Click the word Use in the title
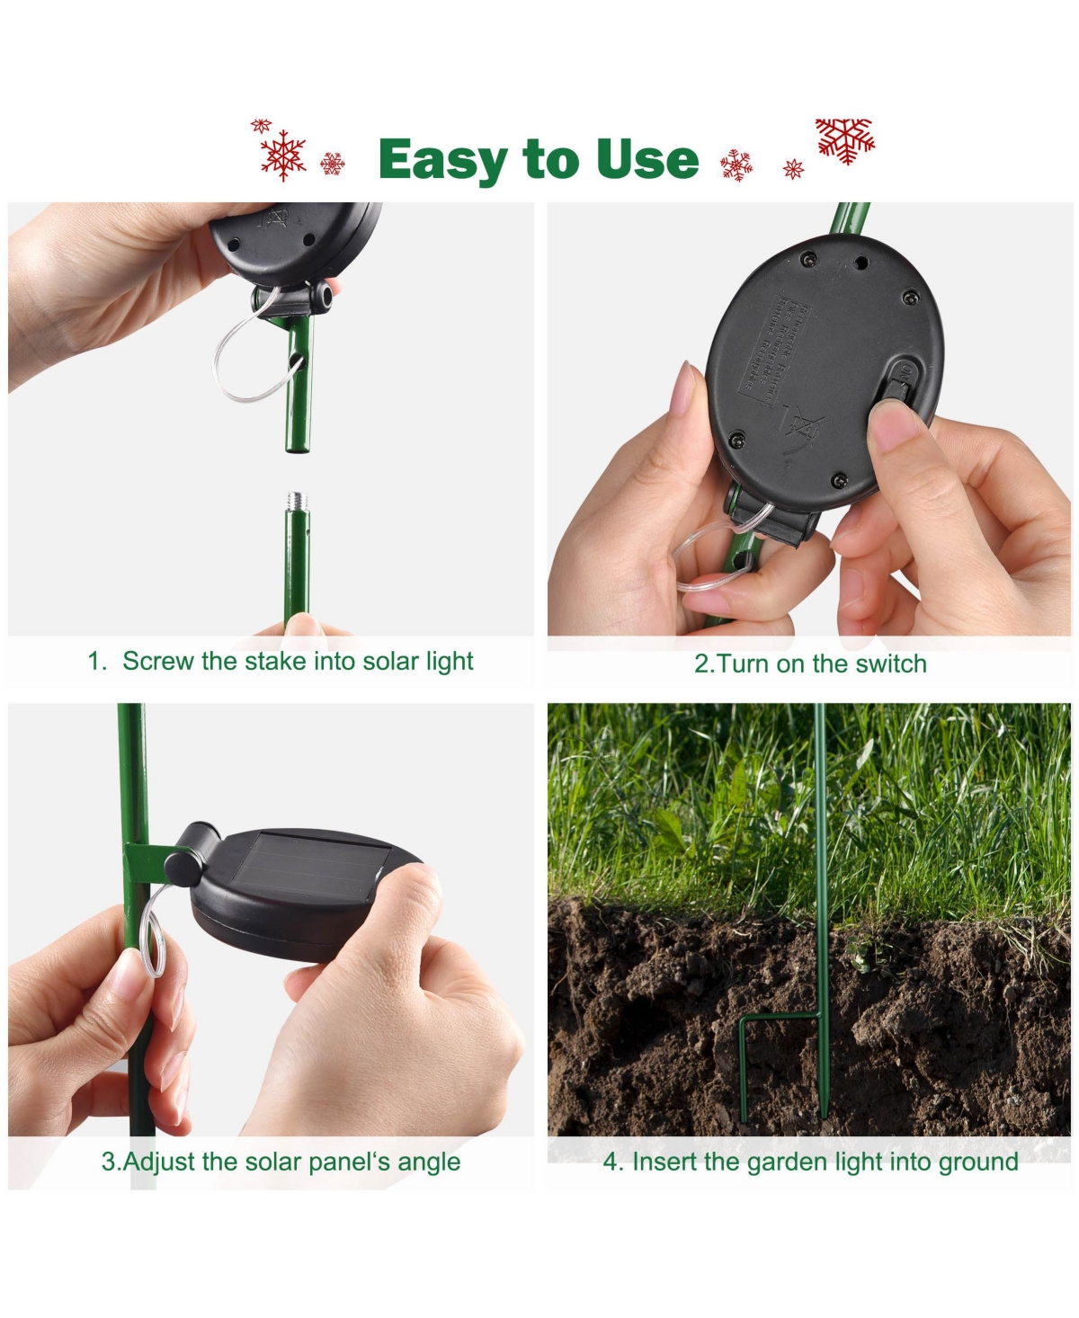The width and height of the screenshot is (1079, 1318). point(647,159)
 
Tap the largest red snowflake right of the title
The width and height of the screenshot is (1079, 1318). point(844,140)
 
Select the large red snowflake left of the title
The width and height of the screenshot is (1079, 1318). point(283,155)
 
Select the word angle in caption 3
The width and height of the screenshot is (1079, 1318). point(429,1162)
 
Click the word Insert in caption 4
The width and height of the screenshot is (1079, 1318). point(664,1162)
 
